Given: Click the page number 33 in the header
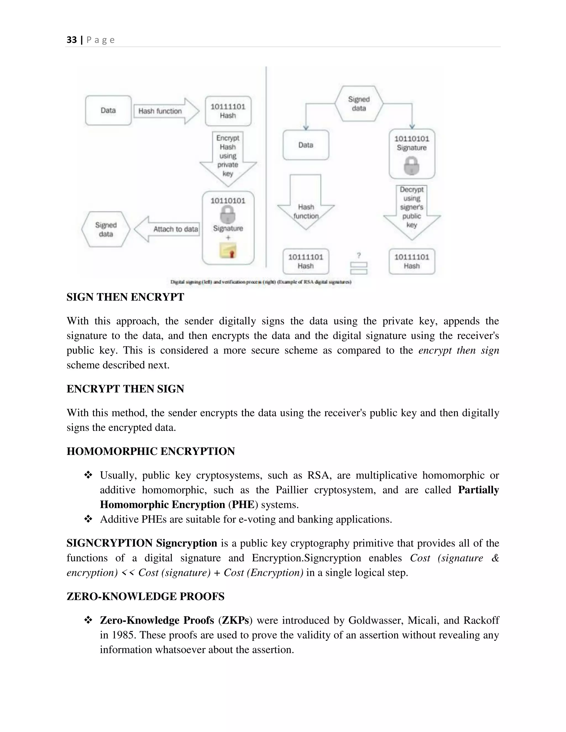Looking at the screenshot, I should tap(71, 40).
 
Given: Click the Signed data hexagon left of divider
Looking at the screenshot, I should tap(106, 230).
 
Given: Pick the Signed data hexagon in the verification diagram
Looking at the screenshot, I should tap(359, 104).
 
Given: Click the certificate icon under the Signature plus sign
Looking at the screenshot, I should tap(228, 251).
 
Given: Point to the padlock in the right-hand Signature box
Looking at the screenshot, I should tap(412, 166).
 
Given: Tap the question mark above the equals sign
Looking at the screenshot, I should tap(359, 256).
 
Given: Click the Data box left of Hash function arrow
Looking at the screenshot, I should tap(108, 110).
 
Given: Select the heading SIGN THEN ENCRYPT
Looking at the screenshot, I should tap(125, 297).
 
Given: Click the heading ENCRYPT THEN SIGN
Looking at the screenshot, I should tap(125, 389).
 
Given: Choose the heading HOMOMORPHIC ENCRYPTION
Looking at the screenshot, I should tap(151, 451).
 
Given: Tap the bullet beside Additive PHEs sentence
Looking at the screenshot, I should tap(88, 519).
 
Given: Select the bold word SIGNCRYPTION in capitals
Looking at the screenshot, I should tap(109, 543).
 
